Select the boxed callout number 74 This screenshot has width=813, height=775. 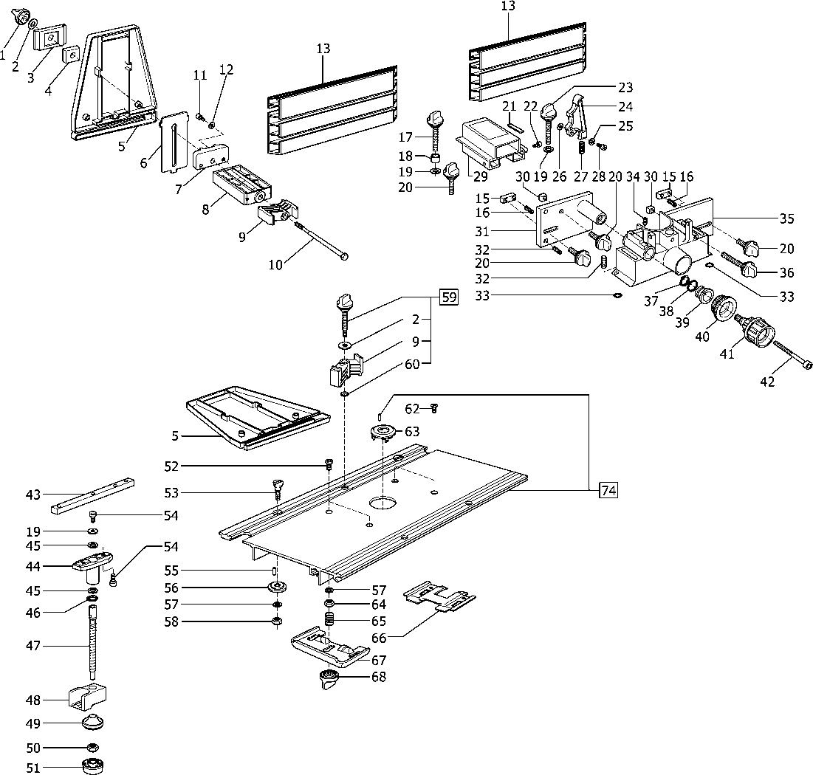pos(608,490)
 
